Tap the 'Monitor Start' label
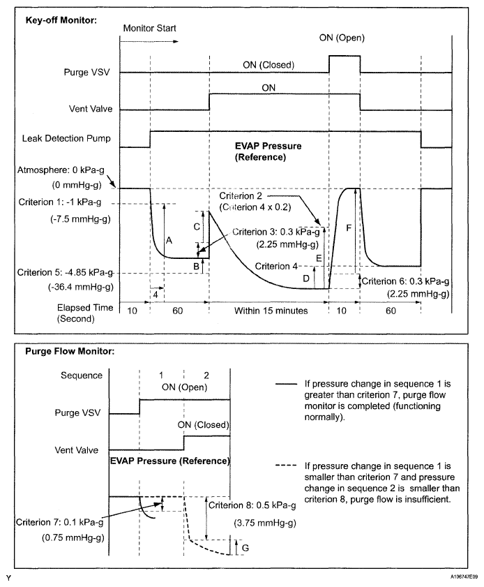[150, 29]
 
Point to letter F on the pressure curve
[349, 228]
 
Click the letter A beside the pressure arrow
[169, 239]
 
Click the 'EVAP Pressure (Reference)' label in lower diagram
[169, 461]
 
